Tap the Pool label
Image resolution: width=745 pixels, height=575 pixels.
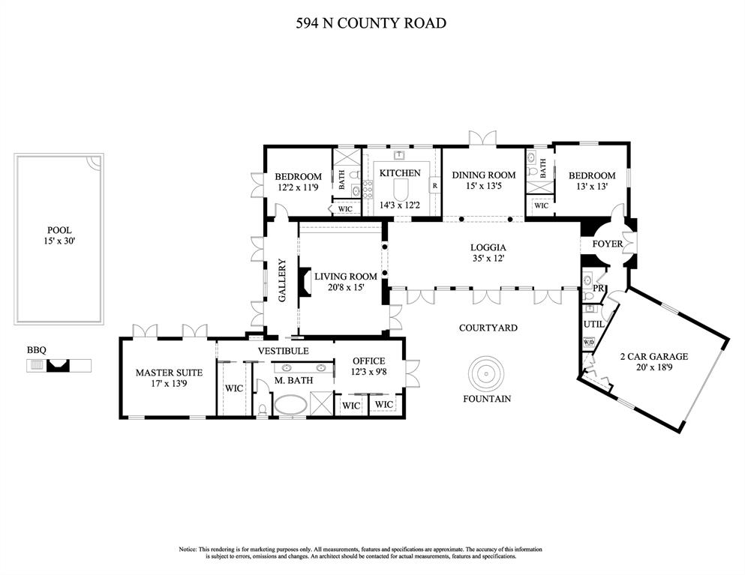[x=59, y=231]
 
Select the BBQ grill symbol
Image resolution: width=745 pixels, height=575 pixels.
[x=58, y=365]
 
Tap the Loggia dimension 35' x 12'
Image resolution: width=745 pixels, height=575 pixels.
[x=488, y=259]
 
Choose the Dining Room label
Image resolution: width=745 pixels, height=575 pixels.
[x=483, y=175]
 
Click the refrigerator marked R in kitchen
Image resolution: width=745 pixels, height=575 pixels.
[x=434, y=184]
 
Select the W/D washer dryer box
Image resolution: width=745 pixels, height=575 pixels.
[x=589, y=343]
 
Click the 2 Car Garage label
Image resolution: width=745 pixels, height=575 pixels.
[x=653, y=357]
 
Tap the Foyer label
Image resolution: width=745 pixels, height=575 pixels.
[x=607, y=244]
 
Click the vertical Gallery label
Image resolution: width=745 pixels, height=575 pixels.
[x=283, y=280]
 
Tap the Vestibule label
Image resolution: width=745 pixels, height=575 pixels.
[x=283, y=350]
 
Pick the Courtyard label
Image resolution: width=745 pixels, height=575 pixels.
[x=488, y=328]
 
